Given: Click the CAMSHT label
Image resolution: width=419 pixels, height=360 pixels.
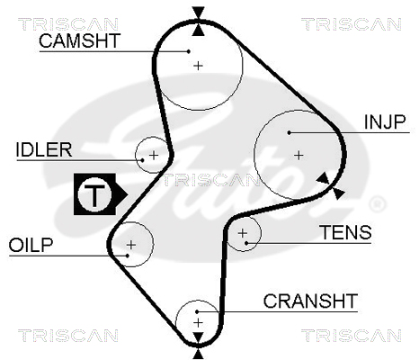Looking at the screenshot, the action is click(x=79, y=40).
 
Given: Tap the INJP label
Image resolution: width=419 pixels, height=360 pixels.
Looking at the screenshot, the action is click(x=385, y=121).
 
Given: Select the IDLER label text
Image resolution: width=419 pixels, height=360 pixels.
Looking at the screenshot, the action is click(x=44, y=149).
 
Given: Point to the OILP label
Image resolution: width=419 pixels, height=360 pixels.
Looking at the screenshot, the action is click(x=31, y=245).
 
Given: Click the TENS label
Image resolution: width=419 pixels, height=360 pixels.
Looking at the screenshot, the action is click(x=346, y=232).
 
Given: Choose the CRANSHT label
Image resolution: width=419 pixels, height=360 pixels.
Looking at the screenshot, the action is click(x=310, y=301).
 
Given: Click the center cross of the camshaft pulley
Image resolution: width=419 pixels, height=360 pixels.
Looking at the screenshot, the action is click(x=198, y=66).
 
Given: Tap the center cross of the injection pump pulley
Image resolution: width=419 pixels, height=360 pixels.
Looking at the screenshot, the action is click(x=299, y=156).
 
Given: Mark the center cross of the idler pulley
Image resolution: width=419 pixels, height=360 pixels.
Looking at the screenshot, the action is click(x=154, y=156).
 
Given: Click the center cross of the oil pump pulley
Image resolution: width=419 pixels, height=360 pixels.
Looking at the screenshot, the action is click(x=131, y=245).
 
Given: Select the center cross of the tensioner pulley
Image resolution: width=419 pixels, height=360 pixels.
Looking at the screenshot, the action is click(x=242, y=233).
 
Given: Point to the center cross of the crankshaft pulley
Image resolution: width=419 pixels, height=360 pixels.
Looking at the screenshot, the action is click(x=198, y=323).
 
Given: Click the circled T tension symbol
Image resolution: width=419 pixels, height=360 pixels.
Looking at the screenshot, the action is click(x=94, y=194).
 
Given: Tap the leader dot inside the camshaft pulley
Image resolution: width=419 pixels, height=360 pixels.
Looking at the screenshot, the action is click(x=189, y=51).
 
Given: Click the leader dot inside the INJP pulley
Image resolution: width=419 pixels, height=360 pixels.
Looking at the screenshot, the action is click(x=289, y=132).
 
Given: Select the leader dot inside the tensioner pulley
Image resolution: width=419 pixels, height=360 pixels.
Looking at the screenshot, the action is click(x=246, y=243).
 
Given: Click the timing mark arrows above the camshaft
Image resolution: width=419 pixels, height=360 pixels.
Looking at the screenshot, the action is click(x=198, y=22).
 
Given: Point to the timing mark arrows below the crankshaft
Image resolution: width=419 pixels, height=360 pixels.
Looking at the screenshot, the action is click(x=198, y=346).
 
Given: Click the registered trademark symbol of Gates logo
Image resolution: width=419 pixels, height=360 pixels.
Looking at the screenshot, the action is click(x=377, y=204).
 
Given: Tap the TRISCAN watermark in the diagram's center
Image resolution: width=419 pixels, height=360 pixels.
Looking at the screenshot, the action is click(x=211, y=180).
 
